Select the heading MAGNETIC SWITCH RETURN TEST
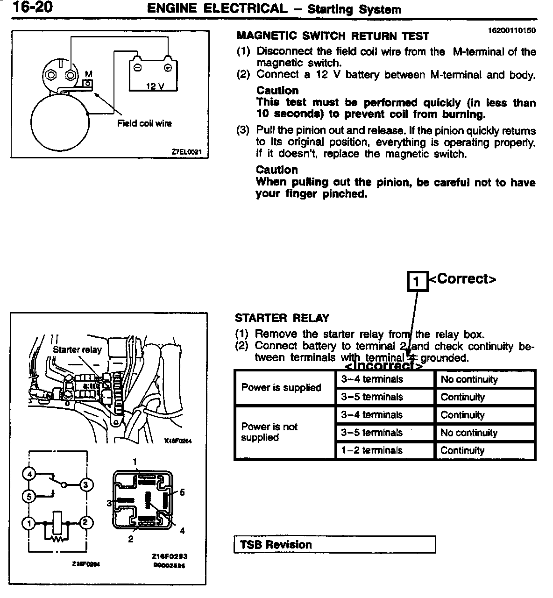point(333,36)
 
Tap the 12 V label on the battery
point(155,86)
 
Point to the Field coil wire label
point(144,123)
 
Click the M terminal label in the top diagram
point(88,74)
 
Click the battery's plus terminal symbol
point(167,67)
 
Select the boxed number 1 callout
point(418,281)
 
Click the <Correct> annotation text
point(462,279)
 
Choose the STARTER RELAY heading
point(282,318)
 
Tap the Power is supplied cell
point(281,387)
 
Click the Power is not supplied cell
point(269,432)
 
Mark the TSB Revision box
point(334,545)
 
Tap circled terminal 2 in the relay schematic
point(86,523)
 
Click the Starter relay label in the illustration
point(77,349)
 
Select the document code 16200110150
point(511,30)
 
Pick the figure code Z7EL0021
point(189,152)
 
